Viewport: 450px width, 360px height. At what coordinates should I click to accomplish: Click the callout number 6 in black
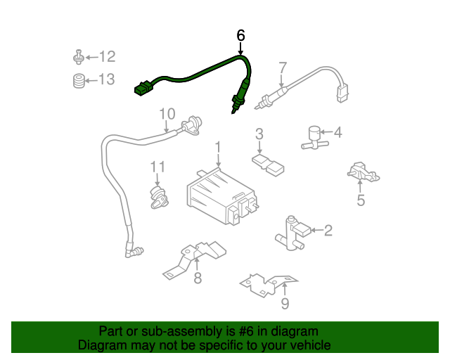tap(240, 34)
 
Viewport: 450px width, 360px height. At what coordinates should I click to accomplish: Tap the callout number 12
tap(106, 57)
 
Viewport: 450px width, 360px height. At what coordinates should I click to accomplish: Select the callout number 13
tap(106, 79)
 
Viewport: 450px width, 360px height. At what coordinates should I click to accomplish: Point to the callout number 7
tap(282, 68)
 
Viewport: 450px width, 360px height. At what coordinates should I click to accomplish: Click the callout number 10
tap(167, 113)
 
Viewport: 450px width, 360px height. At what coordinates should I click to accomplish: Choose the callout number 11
tap(157, 167)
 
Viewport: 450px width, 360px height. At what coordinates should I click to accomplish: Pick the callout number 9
tap(285, 304)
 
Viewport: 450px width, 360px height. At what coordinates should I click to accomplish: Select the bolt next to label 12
tap(79, 57)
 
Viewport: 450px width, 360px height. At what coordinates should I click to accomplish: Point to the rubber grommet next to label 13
tap(79, 80)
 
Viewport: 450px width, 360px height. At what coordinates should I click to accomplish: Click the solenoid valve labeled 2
tap(291, 233)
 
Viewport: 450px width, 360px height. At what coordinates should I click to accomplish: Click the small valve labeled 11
tap(159, 196)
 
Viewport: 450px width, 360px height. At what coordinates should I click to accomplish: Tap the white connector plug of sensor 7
tap(342, 91)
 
